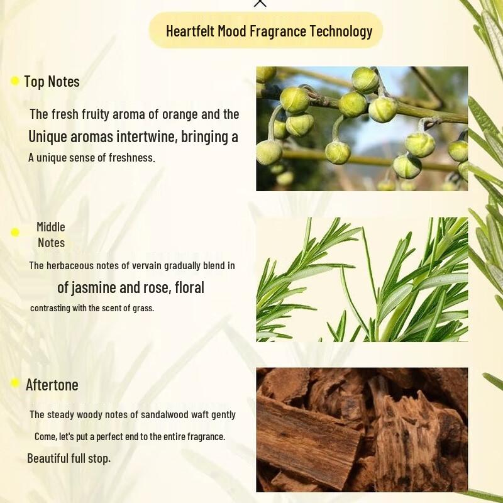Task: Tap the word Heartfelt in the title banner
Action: (x=190, y=31)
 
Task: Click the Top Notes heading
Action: (x=52, y=81)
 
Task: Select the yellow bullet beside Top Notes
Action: (x=15, y=81)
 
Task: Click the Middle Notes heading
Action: (x=51, y=235)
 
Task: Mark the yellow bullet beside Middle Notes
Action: (x=15, y=233)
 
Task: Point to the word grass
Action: (x=141, y=307)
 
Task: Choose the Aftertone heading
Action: (x=52, y=384)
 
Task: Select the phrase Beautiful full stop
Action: (x=69, y=458)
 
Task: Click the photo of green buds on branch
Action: (x=362, y=128)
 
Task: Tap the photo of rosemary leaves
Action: (x=362, y=279)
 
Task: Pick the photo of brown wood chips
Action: (x=362, y=429)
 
